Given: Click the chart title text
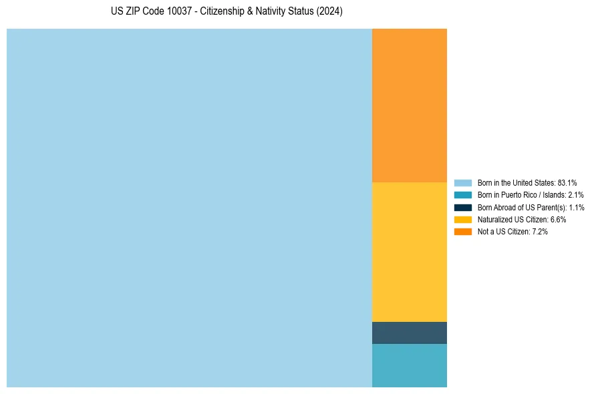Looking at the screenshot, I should point(227,12).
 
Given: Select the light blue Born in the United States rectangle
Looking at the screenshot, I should point(189,208).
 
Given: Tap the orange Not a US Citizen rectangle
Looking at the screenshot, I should point(409,105).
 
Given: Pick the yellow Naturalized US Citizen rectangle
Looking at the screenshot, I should point(409,252).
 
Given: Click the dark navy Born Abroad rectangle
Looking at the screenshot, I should point(409,333).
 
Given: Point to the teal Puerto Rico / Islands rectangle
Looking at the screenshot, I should point(409,365).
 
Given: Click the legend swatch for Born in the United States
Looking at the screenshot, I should point(462,182).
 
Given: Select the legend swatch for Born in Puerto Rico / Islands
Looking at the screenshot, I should point(462,195).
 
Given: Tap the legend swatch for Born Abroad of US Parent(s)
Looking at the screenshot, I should point(462,207).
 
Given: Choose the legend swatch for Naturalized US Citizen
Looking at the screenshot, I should point(462,219).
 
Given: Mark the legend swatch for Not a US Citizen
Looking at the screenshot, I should point(462,232).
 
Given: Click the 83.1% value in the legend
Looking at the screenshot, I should point(567,182).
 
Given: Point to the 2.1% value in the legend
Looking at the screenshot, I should point(575,195).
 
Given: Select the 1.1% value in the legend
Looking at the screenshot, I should point(576,207).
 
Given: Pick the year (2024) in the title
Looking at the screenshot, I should point(329,12).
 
